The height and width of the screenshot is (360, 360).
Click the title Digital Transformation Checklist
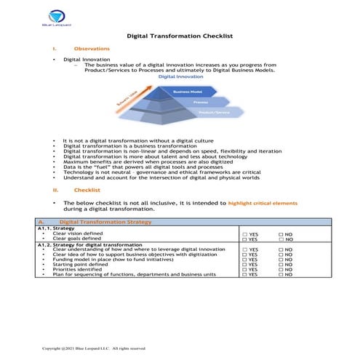tap(180, 34)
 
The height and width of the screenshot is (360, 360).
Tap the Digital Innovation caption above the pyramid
tap(180, 76)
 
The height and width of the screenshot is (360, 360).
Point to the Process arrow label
tap(200, 103)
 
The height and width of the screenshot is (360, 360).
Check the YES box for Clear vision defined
tap(245, 233)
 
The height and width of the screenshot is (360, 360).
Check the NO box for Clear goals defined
tap(280, 239)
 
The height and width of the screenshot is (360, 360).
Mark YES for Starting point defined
tap(245, 264)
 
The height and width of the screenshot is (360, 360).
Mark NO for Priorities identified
tap(280, 269)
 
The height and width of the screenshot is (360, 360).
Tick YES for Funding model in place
tap(245, 259)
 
